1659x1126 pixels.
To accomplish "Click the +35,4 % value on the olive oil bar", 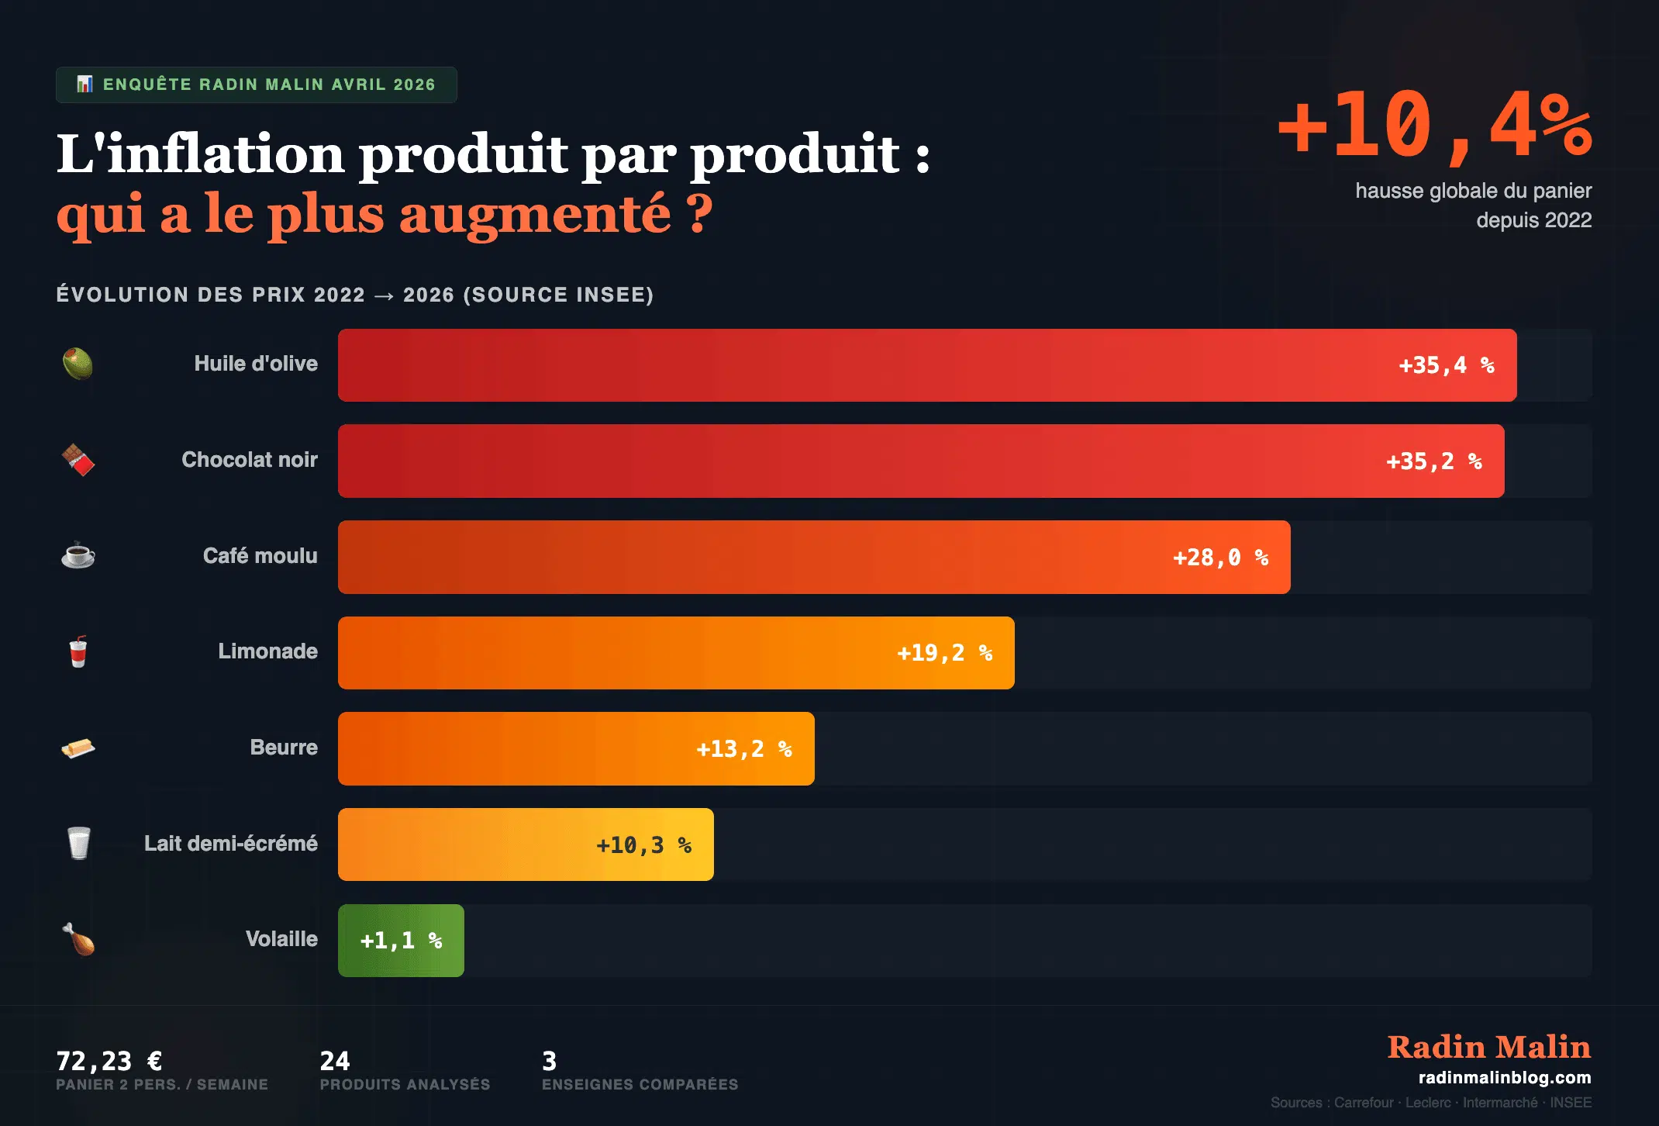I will click(x=1445, y=365).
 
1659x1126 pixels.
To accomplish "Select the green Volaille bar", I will click(x=401, y=941).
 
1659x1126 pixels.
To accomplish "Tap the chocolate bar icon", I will click(x=78, y=460).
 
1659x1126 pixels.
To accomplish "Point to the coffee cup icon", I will click(x=78, y=555).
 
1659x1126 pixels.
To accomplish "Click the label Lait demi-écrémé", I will click(x=230, y=844).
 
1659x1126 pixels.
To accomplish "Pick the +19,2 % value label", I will click(x=943, y=653).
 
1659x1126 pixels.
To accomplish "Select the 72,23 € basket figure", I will click(x=109, y=1060).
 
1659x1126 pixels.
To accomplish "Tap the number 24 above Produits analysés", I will click(x=335, y=1060).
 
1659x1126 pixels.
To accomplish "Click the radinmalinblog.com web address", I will click(x=1504, y=1077).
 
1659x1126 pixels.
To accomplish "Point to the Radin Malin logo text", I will click(x=1488, y=1047).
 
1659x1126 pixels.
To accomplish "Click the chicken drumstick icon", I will click(x=78, y=939).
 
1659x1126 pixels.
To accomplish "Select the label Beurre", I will click(x=284, y=748).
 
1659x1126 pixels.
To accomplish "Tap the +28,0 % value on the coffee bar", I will click(x=1219, y=558).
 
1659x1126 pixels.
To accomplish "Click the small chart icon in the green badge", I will click(x=85, y=84).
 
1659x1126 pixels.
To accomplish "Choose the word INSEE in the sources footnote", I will click(x=1571, y=1103).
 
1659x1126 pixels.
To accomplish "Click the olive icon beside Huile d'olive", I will click(x=78, y=364).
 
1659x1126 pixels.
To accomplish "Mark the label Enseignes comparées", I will click(x=640, y=1085).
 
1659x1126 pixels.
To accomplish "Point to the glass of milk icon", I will click(x=78, y=843).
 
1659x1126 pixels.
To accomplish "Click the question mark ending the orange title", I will click(x=699, y=214).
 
